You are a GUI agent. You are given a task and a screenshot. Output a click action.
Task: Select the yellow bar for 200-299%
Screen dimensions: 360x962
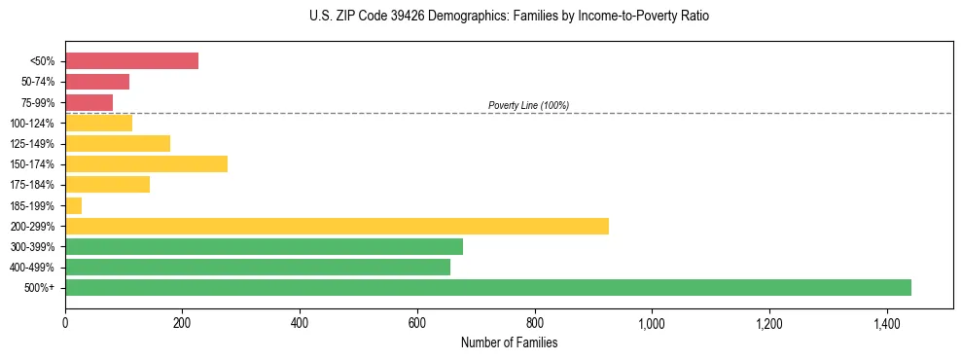(337, 226)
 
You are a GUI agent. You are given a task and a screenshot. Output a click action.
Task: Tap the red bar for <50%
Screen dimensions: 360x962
(131, 60)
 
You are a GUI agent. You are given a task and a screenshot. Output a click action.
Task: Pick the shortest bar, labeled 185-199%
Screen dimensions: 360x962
(73, 205)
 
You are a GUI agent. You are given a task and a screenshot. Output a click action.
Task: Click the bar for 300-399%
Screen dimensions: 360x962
(264, 246)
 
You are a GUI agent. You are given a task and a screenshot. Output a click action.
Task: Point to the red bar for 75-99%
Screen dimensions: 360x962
(89, 102)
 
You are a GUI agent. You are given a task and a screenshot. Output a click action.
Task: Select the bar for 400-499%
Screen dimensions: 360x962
(258, 267)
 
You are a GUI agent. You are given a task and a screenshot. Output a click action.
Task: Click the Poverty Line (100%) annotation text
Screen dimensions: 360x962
(528, 105)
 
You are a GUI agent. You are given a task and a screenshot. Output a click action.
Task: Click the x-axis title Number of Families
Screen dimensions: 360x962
(509, 342)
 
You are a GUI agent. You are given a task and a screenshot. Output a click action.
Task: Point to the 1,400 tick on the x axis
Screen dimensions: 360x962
(887, 322)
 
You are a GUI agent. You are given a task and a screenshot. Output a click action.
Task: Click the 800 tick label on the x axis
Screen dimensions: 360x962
(534, 322)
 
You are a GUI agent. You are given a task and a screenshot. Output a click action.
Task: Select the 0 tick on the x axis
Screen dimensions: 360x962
(65, 322)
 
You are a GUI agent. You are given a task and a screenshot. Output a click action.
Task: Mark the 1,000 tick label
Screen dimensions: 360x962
(652, 322)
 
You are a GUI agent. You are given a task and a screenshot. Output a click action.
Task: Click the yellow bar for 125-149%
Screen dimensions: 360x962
(118, 143)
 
